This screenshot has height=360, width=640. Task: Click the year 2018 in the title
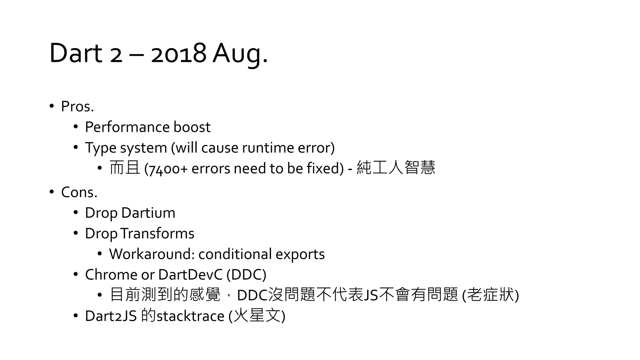point(178,53)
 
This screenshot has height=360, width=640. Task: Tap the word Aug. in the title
point(240,53)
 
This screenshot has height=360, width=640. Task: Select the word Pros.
point(77,107)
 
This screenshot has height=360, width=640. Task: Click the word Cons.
point(79,192)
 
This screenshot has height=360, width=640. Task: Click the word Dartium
point(148,213)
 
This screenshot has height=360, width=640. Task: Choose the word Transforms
point(157,233)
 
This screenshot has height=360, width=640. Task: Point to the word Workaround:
point(152,254)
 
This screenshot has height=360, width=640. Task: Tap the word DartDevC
point(190,275)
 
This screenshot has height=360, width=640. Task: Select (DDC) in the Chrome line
point(246,275)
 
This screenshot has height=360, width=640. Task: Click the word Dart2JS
point(111,316)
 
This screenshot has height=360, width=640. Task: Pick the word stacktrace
point(190,316)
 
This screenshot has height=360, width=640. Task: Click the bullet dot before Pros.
point(52,106)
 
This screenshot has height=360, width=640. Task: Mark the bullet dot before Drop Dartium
point(76,212)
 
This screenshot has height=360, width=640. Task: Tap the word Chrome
point(111,275)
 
